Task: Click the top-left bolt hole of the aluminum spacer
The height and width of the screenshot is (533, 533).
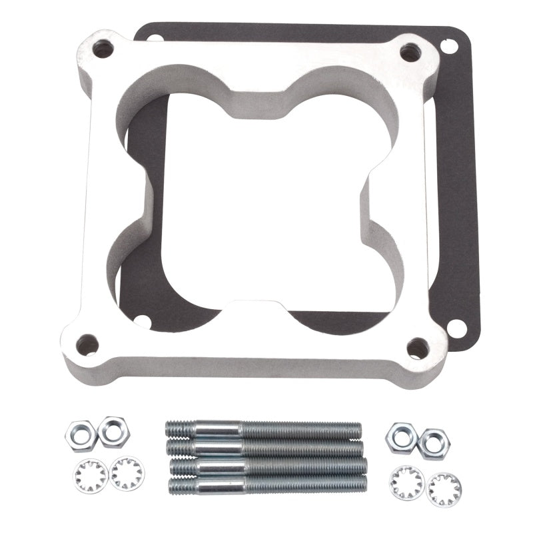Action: click(x=103, y=48)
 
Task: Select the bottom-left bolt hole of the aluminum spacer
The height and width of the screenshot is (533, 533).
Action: click(x=87, y=344)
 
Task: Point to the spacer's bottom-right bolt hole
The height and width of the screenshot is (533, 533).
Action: click(x=417, y=347)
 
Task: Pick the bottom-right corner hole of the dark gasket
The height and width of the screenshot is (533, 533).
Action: click(x=456, y=328)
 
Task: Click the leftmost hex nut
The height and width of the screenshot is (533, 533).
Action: click(x=81, y=436)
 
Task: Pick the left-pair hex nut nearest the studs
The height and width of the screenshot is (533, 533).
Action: click(x=113, y=431)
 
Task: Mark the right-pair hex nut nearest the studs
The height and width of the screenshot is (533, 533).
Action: click(x=402, y=436)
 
